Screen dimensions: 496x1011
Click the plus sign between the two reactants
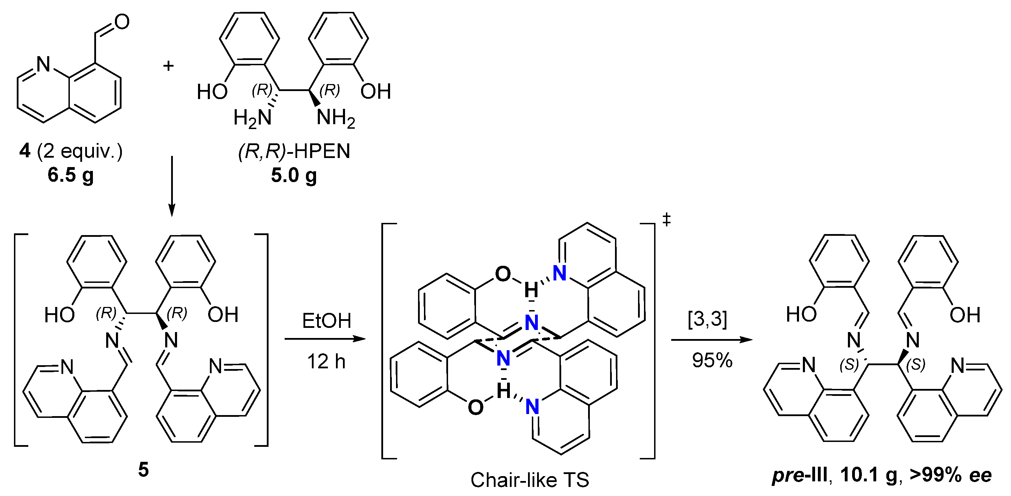168,66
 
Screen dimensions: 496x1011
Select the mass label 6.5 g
71,175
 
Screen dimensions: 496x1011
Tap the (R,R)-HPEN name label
294,151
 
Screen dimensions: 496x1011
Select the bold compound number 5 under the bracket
144,469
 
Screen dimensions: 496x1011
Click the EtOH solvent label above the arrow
326,321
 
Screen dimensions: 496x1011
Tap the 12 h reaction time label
326,361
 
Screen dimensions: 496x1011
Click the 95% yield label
712,360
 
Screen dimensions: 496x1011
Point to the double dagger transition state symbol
666,220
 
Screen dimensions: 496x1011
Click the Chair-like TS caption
530,480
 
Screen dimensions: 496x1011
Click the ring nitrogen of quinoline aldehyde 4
43,64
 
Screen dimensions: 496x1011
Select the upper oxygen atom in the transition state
503,274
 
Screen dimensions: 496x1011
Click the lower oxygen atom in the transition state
475,407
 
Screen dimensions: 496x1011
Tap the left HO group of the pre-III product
801,315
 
